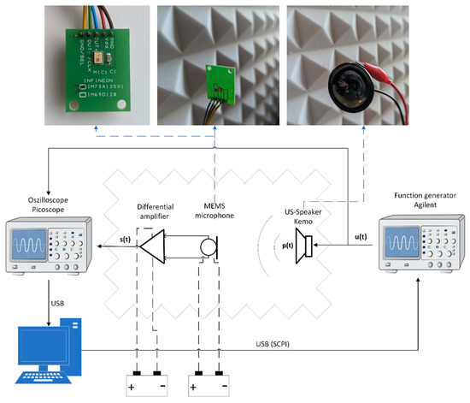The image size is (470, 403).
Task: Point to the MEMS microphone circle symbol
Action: point(207,248)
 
